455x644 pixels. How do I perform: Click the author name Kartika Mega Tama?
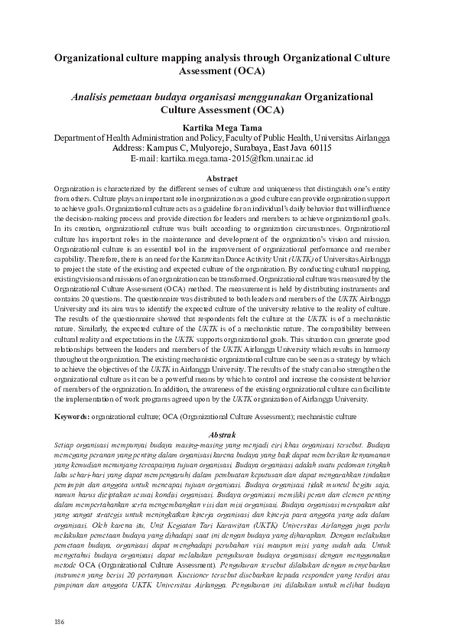[x=228, y=128]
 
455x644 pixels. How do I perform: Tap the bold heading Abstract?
[x=228, y=178]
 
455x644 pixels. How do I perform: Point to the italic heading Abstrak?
[x=228, y=434]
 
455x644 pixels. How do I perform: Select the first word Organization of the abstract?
[x=77, y=188]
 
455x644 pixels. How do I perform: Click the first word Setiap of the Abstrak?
[x=67, y=444]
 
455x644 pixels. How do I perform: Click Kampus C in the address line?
[x=156, y=148]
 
